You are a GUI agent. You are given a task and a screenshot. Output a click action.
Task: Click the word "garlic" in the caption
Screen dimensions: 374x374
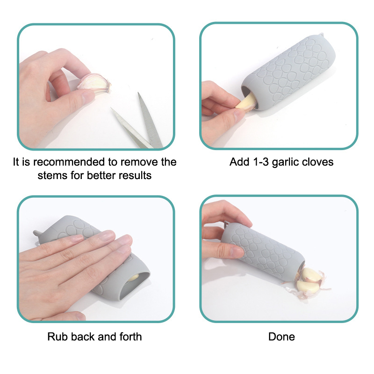pos(285,162)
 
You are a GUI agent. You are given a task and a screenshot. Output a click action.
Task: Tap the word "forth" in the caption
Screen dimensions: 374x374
pos(131,337)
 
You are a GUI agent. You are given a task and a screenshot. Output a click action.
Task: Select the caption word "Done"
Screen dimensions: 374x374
pos(282,337)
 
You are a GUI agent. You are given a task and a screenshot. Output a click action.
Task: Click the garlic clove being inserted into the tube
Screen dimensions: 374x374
pos(246,101)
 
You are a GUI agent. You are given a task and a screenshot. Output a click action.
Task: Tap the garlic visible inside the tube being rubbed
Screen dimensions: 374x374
pos(134,278)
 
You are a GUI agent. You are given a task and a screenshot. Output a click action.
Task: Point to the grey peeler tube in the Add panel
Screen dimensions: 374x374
pos(288,72)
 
